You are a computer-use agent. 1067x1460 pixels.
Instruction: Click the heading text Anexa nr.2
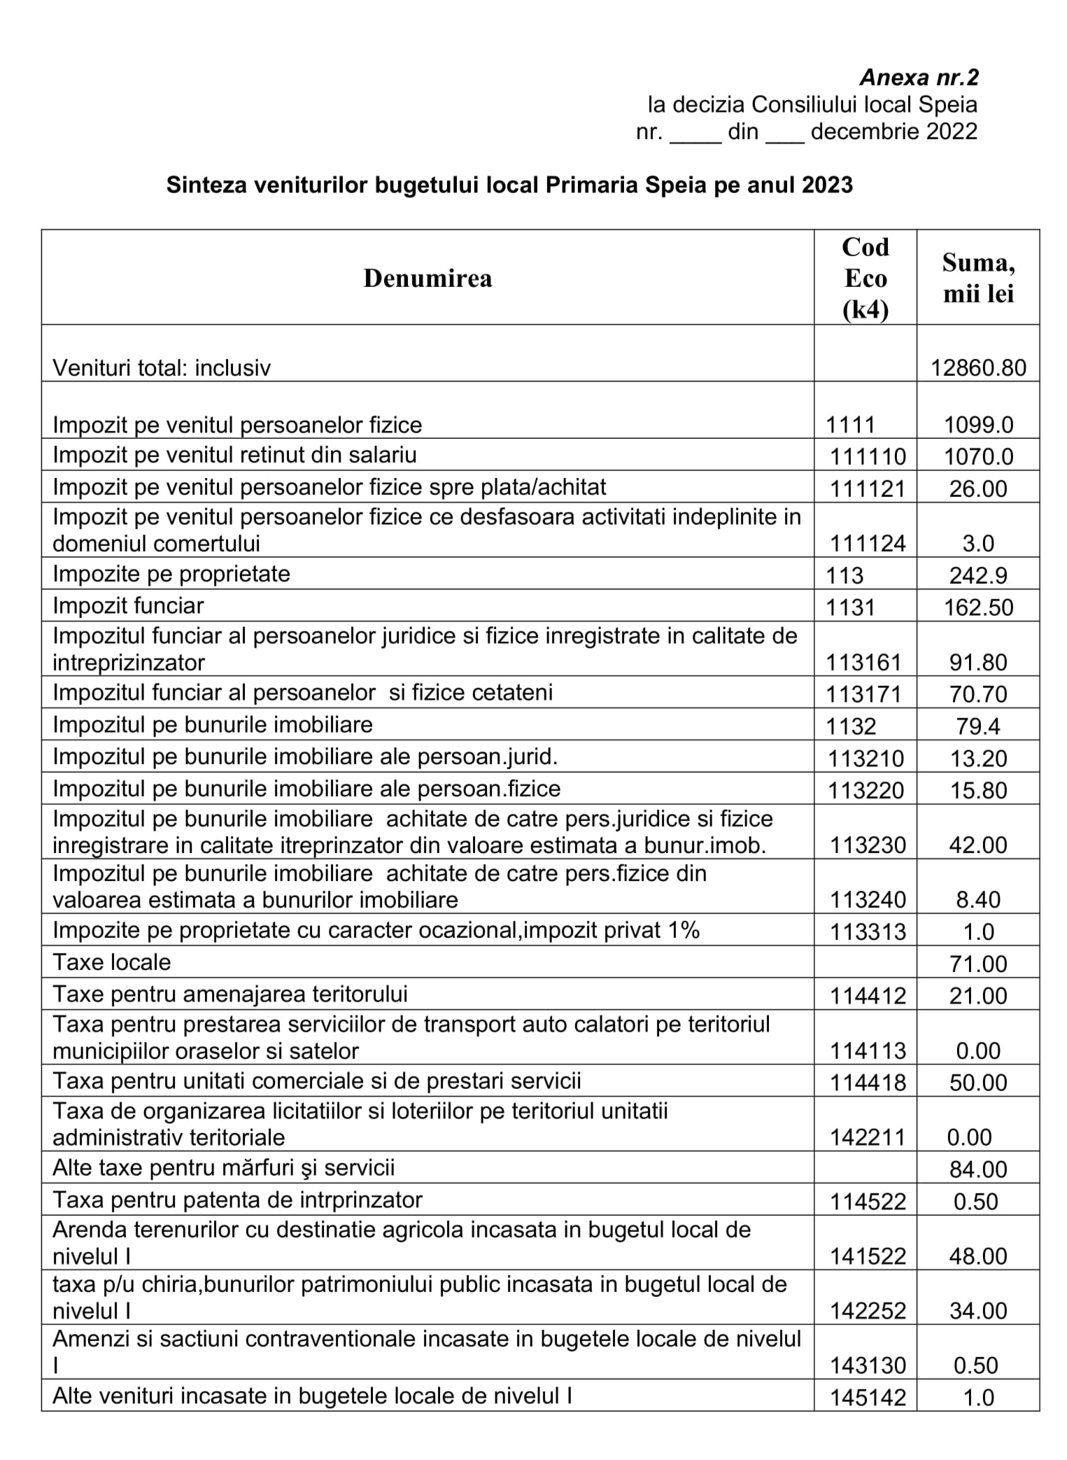[x=919, y=77]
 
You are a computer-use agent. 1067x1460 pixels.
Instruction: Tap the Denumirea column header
[x=427, y=279]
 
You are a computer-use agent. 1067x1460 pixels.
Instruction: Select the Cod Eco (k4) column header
[x=865, y=278]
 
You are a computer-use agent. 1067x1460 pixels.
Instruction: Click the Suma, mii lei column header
[x=978, y=278]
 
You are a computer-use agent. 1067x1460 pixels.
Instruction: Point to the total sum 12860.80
[x=978, y=367]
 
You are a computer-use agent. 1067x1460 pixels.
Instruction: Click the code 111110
[x=868, y=457]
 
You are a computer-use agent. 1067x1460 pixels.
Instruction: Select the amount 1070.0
[x=978, y=457]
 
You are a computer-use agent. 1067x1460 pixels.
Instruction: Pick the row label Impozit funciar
[x=128, y=605]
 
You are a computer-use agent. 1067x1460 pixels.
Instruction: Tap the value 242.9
[x=978, y=575]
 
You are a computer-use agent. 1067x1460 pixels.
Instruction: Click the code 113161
[x=865, y=662]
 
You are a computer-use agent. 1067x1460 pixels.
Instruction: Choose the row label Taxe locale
[x=111, y=962]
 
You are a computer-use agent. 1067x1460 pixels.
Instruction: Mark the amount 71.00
[x=978, y=964]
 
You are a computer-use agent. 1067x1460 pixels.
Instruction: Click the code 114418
[x=868, y=1083]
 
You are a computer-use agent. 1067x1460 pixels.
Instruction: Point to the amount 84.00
[x=978, y=1170]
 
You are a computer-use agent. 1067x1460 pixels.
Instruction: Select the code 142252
[x=868, y=1311]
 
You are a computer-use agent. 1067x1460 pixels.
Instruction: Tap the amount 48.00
[x=978, y=1256]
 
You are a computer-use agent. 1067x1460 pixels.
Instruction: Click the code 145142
[x=868, y=1398]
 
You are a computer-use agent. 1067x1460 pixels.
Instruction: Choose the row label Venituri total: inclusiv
[x=162, y=367]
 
